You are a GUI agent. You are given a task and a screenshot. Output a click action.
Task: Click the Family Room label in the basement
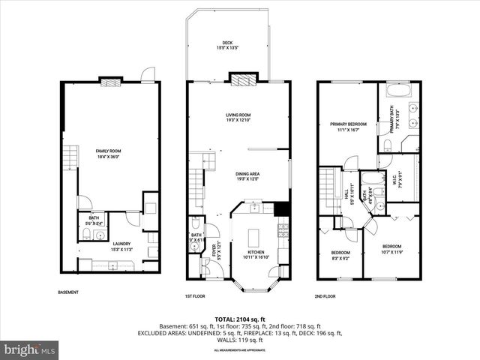click(108, 153)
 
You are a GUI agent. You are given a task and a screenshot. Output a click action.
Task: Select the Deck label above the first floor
click(227, 45)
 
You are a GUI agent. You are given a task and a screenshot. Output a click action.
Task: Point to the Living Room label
click(238, 117)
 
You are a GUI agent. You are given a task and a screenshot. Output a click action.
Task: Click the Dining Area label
click(238, 175)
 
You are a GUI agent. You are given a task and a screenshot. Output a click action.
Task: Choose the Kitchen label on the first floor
click(255, 254)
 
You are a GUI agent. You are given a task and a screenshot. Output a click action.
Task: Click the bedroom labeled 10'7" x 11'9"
click(391, 249)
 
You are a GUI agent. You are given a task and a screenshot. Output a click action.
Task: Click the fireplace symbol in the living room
click(242, 79)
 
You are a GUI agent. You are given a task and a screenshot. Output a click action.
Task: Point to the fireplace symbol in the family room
click(110, 81)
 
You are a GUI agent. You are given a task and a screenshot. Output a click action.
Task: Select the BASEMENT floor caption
click(68, 292)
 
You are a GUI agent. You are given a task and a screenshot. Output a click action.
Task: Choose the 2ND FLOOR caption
click(325, 295)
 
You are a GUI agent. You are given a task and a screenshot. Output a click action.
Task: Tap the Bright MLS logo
click(30, 349)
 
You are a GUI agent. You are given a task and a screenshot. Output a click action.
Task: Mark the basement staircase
click(70, 158)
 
